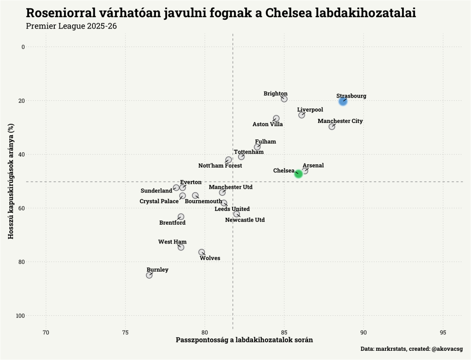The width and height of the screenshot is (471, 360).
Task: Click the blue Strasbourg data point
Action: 343,101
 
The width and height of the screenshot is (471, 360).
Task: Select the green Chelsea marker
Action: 299,174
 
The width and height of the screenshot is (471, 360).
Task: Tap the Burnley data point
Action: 149,275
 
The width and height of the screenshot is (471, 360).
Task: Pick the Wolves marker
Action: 201,252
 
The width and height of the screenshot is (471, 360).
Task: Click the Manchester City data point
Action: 332,127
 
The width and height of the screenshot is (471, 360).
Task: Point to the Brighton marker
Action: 284,99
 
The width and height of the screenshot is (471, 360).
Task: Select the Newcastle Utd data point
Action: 236,214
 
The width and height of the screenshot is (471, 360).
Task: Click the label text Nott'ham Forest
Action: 220,166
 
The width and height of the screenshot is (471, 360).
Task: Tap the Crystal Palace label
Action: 159,202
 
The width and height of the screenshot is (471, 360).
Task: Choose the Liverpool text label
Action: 310,110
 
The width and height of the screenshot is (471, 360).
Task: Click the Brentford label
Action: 172,223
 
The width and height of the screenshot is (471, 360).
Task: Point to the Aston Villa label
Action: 268,124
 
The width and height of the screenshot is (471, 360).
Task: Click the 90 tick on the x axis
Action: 363,332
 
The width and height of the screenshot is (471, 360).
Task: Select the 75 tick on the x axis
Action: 125,332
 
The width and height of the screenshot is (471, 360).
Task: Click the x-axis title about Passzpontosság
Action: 244,341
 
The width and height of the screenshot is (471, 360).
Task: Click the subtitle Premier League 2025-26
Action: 71,26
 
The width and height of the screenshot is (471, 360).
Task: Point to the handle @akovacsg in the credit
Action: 447,349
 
